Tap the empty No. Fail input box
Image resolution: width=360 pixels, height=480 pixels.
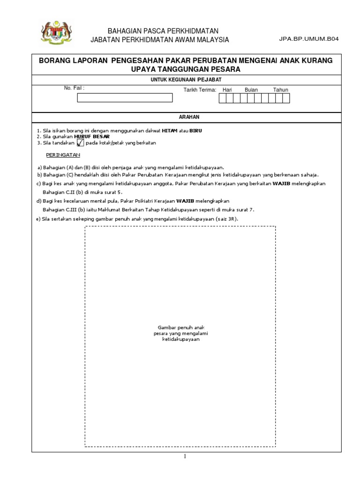[125, 98]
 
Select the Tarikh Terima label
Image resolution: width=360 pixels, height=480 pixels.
[200, 90]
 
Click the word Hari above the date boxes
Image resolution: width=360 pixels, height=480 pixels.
[227, 90]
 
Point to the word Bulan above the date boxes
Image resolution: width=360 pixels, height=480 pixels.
[251, 90]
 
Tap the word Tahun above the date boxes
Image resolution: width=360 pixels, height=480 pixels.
[280, 90]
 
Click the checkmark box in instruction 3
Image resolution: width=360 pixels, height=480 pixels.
[80, 142]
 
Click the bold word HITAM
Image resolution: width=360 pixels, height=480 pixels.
[170, 130]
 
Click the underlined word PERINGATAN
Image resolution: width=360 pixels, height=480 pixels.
[63, 154]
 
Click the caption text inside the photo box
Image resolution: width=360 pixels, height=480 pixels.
[180, 333]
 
